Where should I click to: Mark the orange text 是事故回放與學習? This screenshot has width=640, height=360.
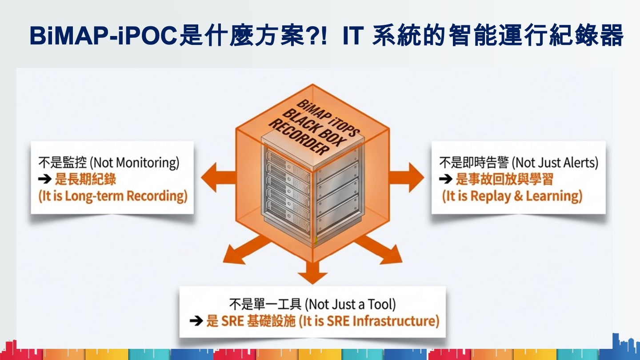pos(504,179)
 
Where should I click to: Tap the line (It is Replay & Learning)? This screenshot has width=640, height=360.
pos(512,196)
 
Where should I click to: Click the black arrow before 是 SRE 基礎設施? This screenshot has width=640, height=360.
pos(196,321)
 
